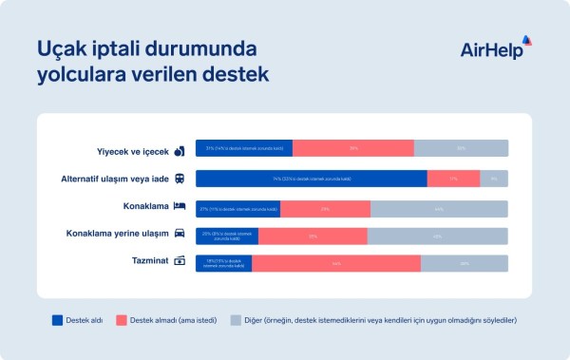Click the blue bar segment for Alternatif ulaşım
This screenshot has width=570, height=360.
pos(311,179)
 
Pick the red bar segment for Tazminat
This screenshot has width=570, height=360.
pos(335,263)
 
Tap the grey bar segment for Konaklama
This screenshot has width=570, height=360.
pos(438,208)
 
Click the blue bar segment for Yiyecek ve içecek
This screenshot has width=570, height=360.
pos(243,148)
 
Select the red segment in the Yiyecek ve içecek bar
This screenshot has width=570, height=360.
pos(352,148)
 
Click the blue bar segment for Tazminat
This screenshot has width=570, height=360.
pos(223,263)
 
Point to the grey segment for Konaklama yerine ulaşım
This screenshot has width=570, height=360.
pos(437,236)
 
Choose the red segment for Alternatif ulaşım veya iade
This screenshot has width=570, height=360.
pos(453,179)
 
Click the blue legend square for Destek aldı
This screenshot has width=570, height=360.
pos(56,320)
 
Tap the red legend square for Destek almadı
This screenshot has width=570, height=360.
pos(121,320)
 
